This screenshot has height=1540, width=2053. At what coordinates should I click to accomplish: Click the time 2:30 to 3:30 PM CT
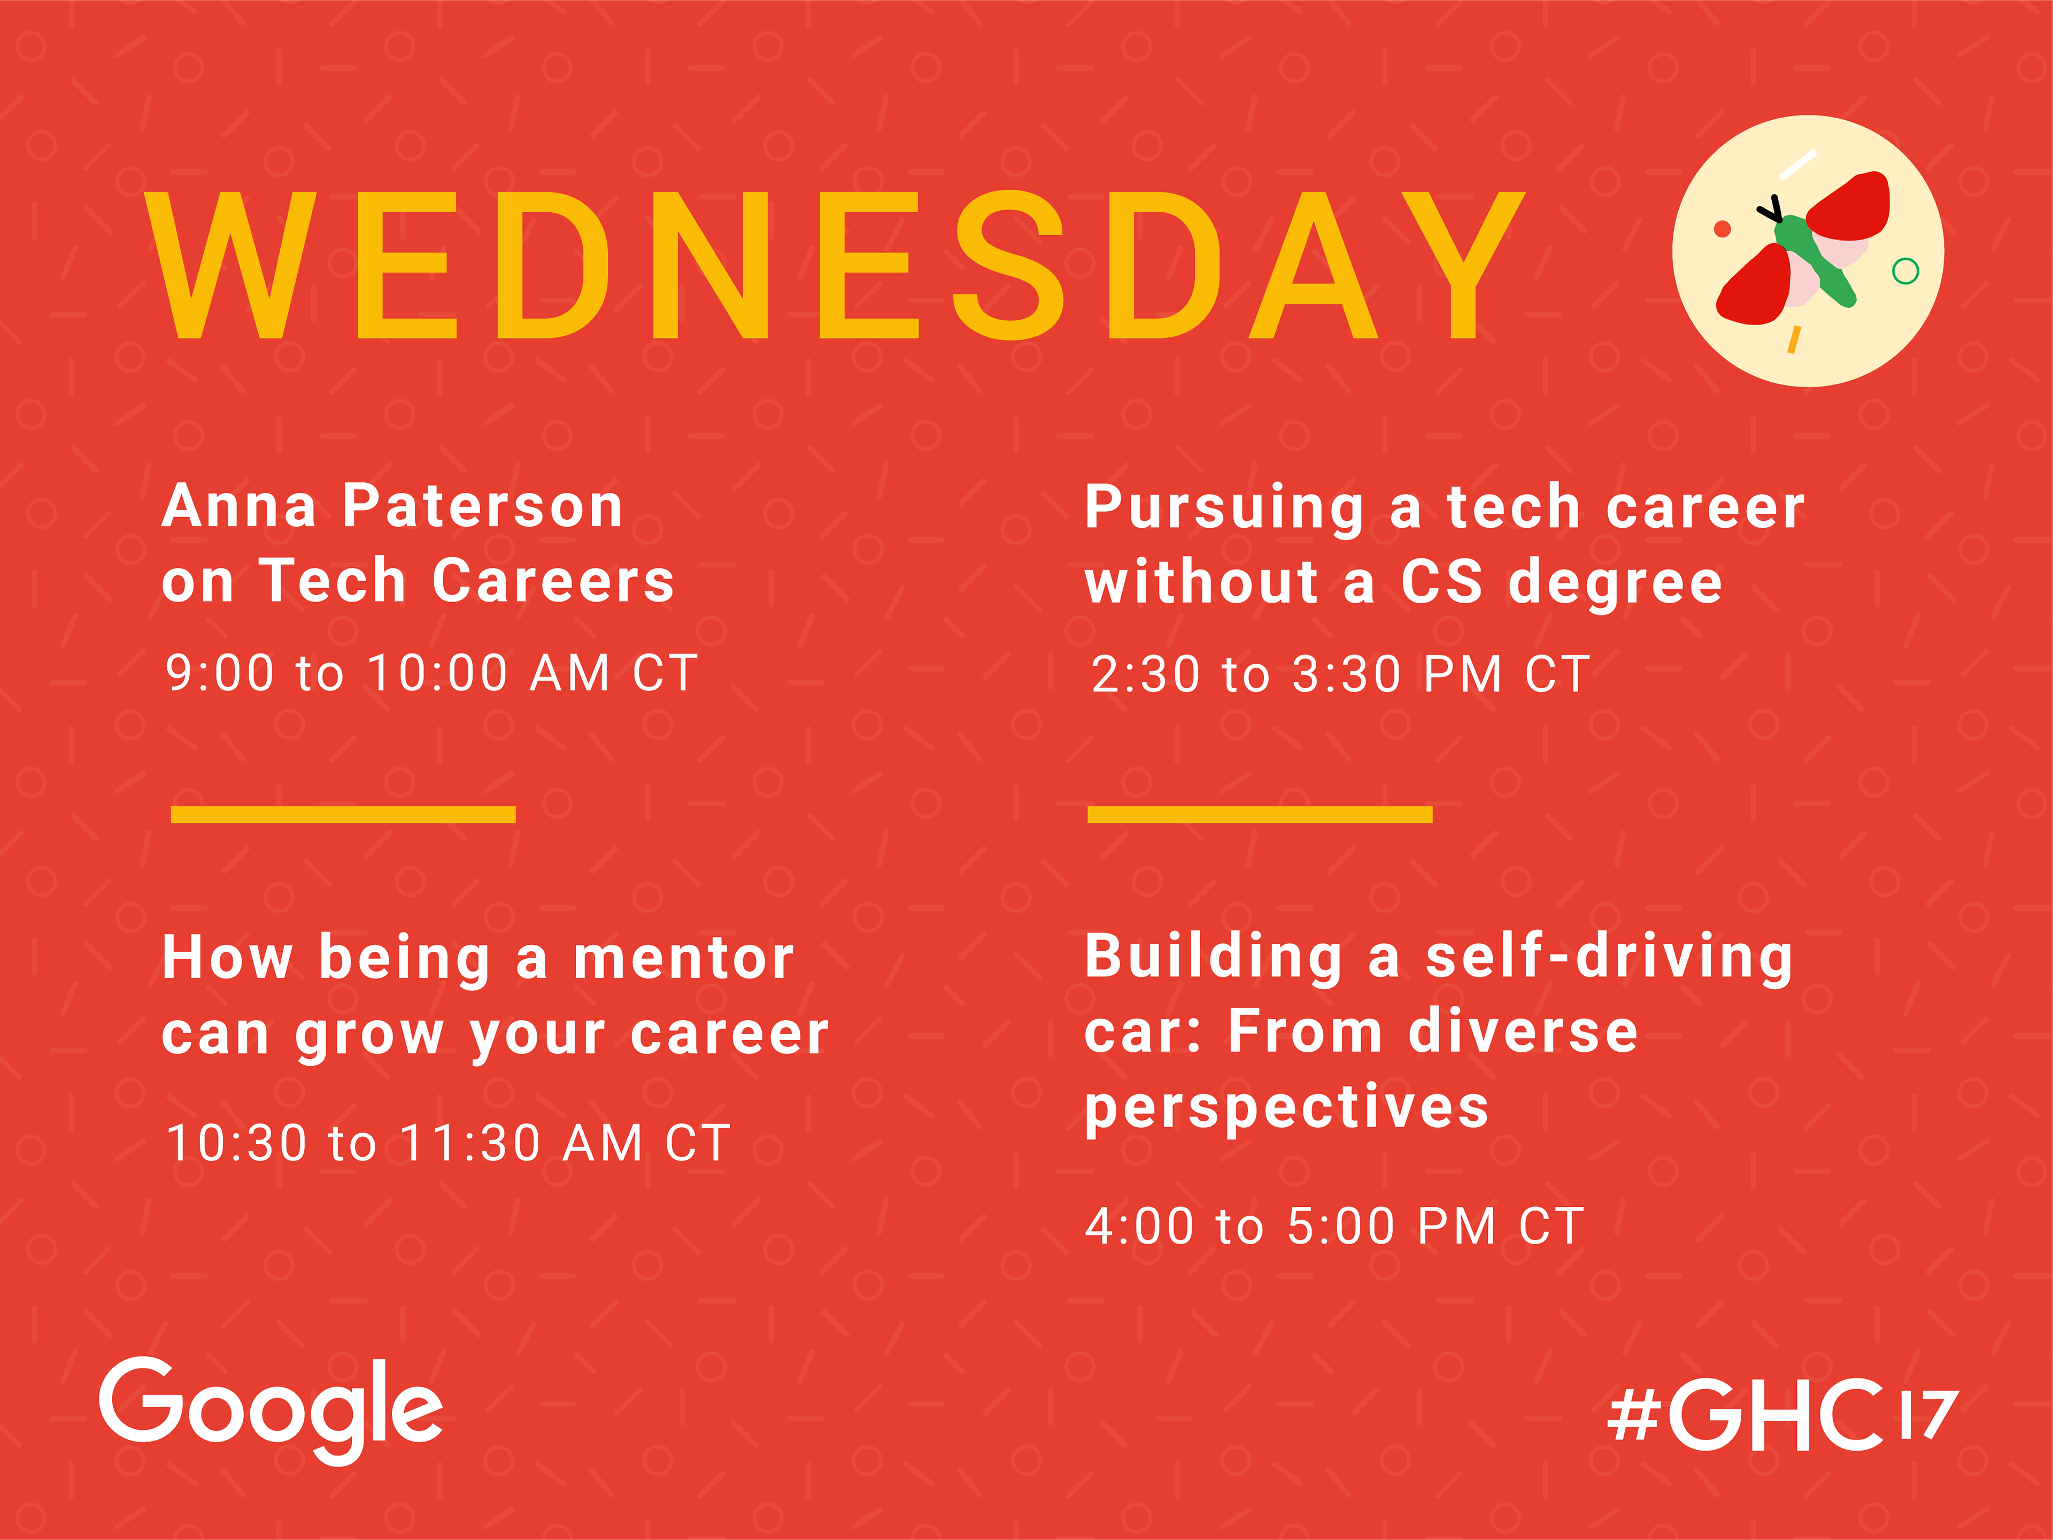1341,674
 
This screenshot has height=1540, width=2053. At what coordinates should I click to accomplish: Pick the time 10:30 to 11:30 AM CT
448,1143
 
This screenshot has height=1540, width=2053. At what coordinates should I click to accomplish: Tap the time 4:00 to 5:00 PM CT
1334,1226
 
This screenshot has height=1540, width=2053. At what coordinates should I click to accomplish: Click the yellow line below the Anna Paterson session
343,814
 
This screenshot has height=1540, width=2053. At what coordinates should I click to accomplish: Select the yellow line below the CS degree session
1260,814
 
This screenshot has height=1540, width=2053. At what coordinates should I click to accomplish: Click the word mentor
684,958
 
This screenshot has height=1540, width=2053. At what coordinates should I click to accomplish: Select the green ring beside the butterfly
1905,271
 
